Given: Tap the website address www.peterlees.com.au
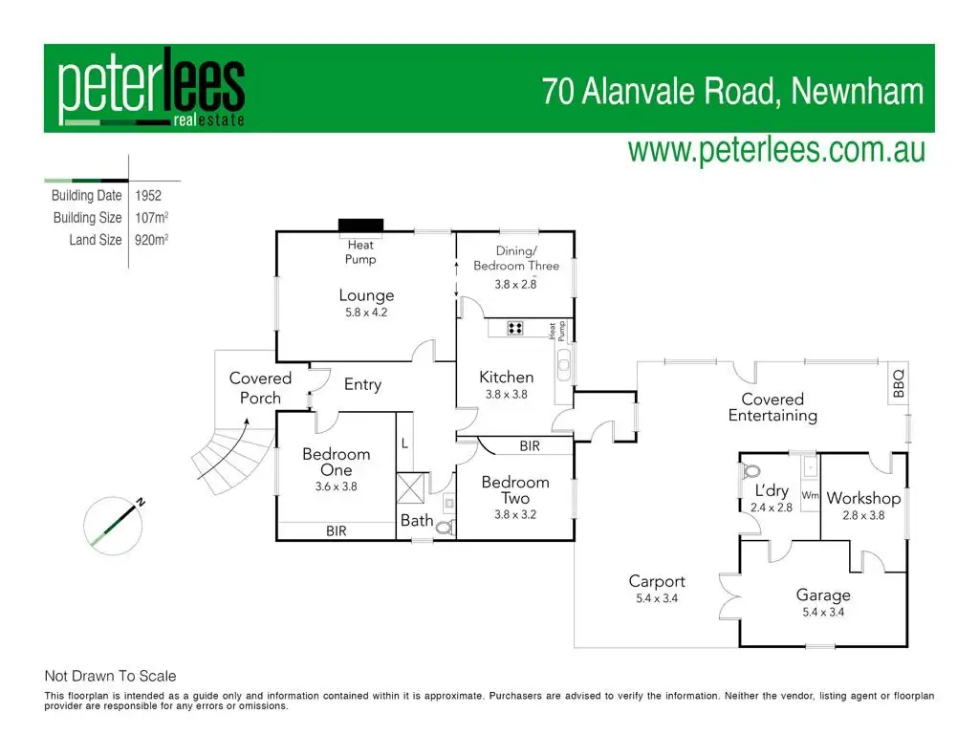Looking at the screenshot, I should pos(775,151).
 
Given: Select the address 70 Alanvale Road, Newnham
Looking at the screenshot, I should pos(733,92).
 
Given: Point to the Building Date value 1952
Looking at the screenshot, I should pos(148,195).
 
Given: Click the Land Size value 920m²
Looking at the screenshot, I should pos(152,240).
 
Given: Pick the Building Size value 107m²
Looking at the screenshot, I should pos(152,218).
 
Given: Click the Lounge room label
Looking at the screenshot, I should pos(366,295).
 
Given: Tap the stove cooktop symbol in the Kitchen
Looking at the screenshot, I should pos(515,328).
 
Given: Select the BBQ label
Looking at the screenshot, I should pos(898,384).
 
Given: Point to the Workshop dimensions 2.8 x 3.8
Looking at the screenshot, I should pos(863,515).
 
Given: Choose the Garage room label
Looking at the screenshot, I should pos(823,594).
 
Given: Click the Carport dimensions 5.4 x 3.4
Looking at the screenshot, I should pos(657,598).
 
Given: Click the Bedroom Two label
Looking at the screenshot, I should pos(515,490).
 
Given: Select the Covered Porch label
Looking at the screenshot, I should pos(260,388).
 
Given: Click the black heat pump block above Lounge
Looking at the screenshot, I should pos(361,226).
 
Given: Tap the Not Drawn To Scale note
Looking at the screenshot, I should pos(111,676).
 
